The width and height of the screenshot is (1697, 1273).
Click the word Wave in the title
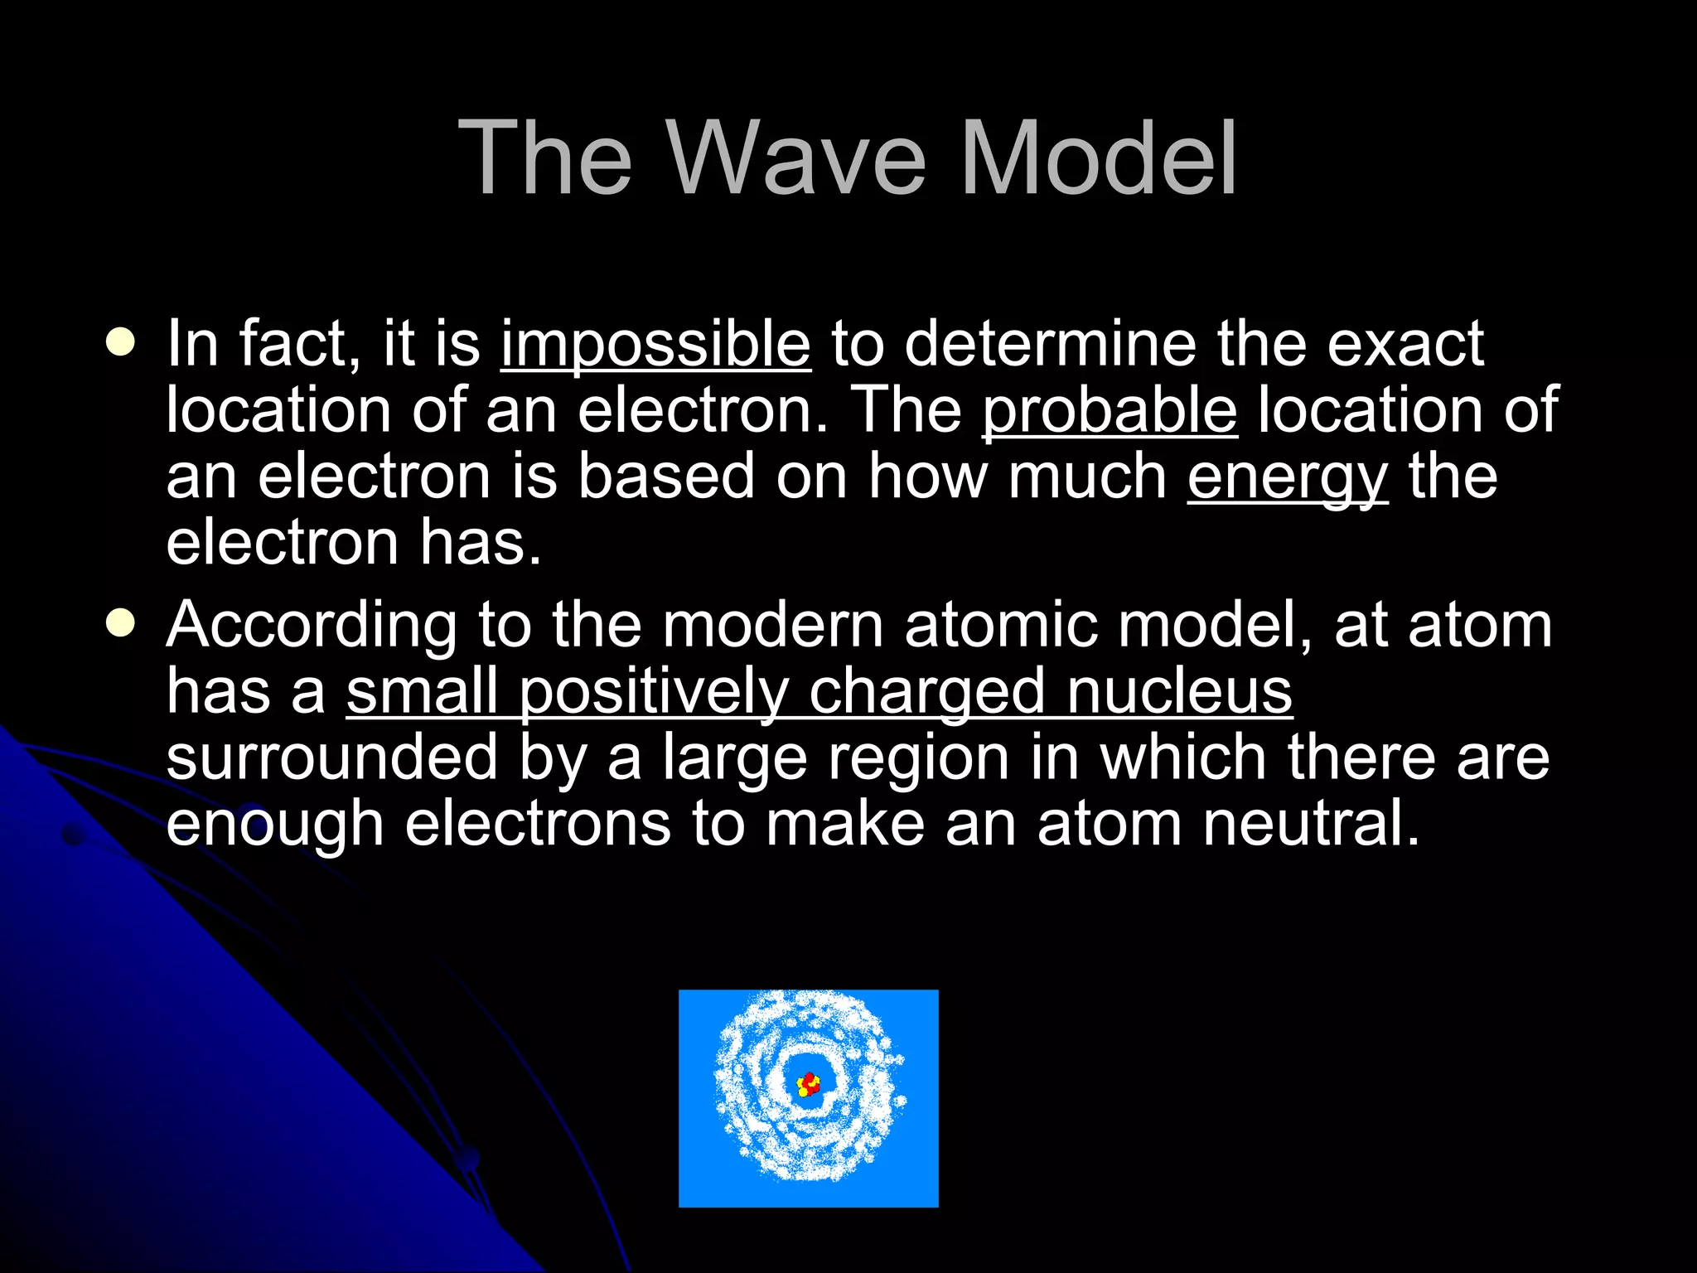796,157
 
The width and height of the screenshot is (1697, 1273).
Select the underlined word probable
1110,410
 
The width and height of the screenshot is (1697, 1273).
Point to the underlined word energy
1287,478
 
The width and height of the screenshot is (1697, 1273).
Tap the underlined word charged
926,692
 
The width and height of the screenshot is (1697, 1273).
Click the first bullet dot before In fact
121,342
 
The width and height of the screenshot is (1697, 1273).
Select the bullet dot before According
121,623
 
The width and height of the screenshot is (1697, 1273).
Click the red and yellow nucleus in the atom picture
808,1084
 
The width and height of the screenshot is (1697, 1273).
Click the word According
312,626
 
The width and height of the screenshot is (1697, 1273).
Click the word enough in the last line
274,825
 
